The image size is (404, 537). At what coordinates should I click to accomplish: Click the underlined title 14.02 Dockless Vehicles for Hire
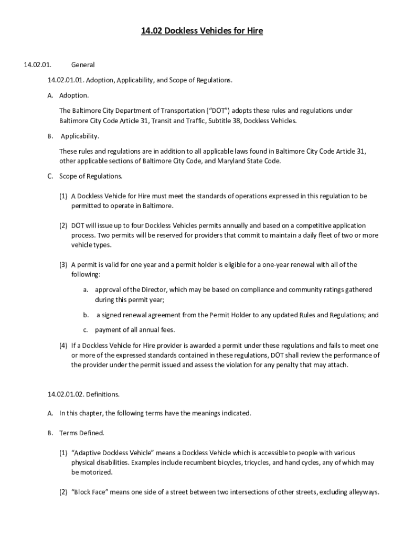point(202,31)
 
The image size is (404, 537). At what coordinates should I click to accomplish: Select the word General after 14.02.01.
point(83,65)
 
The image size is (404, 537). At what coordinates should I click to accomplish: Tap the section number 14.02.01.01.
point(66,80)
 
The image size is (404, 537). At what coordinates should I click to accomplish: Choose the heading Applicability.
point(80,136)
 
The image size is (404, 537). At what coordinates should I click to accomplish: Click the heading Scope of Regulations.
point(91,176)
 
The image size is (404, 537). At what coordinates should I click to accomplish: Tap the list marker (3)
point(63,265)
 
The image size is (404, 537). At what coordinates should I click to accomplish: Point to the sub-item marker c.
point(85,330)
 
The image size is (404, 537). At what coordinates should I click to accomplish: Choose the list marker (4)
point(63,346)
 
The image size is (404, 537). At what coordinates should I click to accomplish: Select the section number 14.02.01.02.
point(66,393)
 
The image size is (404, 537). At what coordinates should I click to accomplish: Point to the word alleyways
point(363,492)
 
